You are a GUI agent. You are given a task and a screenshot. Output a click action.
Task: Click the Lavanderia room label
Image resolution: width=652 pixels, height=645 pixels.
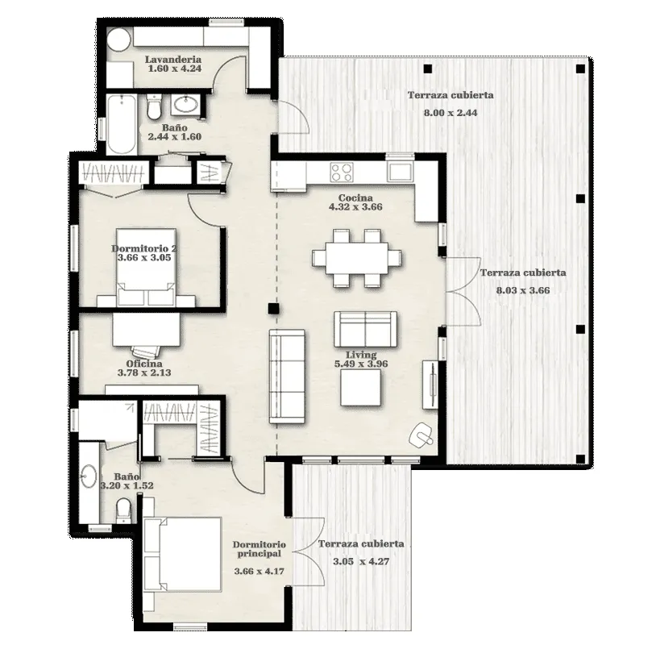[x=173, y=60]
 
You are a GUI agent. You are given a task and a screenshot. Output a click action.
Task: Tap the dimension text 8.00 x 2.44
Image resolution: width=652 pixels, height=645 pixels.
[x=451, y=113]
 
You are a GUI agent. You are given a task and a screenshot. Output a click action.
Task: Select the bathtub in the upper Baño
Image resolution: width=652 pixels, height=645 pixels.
[x=121, y=124]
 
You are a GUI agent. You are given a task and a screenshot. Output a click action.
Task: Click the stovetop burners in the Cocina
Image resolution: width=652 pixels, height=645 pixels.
[x=342, y=173]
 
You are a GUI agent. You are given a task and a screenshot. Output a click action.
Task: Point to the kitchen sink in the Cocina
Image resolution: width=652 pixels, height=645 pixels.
[x=400, y=172]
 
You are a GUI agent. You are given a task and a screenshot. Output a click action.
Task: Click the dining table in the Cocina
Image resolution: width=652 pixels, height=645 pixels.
[x=357, y=258]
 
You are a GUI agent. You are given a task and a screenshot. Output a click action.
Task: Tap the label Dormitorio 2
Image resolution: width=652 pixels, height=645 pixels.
[x=144, y=248]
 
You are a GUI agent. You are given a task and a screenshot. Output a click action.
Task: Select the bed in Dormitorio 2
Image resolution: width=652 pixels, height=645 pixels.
[x=146, y=267]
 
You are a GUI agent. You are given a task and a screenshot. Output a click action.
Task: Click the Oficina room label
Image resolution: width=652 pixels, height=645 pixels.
[x=144, y=364]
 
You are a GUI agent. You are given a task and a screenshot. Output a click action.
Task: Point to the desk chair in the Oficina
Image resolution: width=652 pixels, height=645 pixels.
[x=145, y=352]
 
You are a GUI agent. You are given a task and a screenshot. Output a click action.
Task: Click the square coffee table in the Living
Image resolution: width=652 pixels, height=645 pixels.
[x=360, y=388]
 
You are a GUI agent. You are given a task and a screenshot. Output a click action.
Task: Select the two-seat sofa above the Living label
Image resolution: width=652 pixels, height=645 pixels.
[x=365, y=329]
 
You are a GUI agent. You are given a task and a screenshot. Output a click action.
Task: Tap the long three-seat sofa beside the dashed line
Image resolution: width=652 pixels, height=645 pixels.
[x=287, y=377]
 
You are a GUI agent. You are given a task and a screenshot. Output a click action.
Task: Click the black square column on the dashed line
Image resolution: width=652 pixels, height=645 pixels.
[x=273, y=309]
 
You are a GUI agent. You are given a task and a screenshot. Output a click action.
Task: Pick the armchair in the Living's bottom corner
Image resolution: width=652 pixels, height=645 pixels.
[x=422, y=435]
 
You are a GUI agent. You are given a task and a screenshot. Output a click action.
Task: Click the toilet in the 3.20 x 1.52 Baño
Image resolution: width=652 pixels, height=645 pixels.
[x=123, y=510]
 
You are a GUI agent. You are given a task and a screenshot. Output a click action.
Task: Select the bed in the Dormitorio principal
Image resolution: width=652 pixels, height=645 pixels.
[x=182, y=554]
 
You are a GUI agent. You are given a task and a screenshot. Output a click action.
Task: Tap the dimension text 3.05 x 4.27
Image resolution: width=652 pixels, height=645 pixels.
[x=361, y=561]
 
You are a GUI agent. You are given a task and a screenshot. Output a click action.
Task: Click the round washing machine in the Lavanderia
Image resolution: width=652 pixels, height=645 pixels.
[x=119, y=40]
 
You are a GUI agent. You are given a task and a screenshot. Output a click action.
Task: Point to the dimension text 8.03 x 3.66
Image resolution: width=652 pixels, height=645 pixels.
[x=523, y=290]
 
